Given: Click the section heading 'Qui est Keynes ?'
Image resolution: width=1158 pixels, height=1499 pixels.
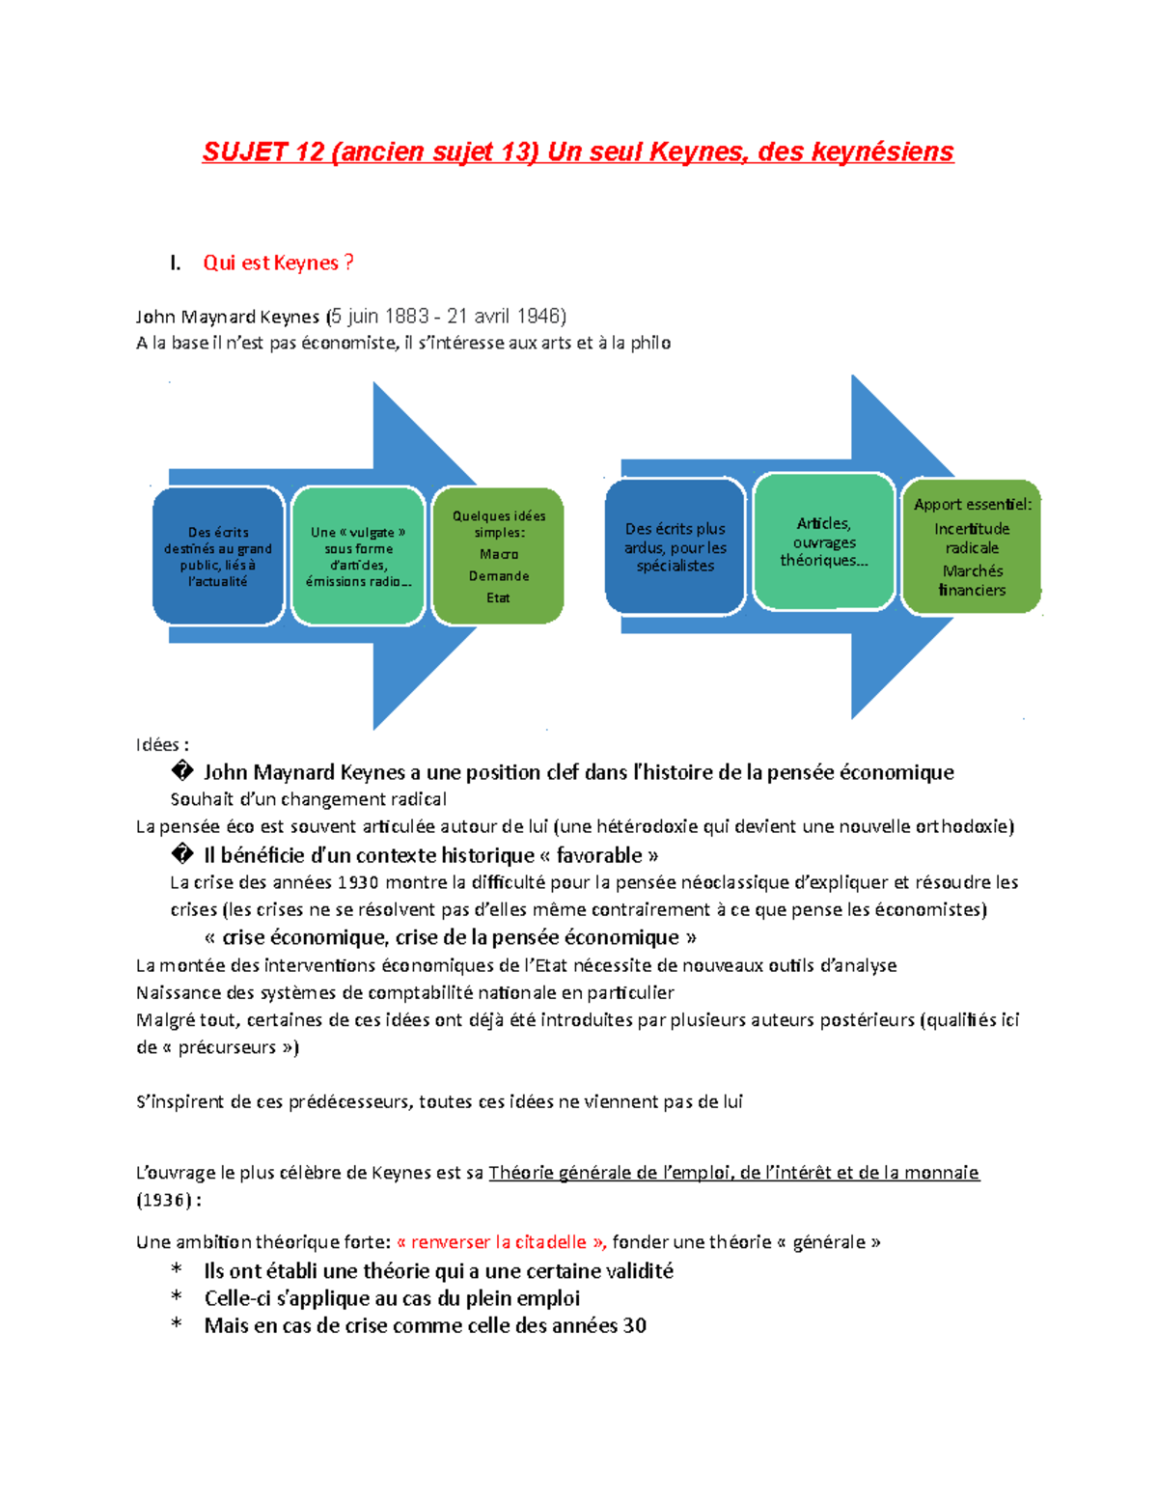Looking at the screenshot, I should [x=278, y=263].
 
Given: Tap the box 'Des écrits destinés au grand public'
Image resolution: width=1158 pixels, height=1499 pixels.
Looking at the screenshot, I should [x=218, y=556].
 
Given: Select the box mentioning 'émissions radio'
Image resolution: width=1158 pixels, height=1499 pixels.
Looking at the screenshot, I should [x=358, y=556].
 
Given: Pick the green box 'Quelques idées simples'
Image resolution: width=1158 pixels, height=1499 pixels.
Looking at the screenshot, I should [x=498, y=556].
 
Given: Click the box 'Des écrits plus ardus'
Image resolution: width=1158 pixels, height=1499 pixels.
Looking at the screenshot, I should [x=675, y=546].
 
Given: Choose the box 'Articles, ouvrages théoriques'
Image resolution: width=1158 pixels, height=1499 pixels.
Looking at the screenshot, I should [x=824, y=541].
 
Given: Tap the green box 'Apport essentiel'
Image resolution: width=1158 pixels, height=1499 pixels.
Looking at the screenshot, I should [x=972, y=546].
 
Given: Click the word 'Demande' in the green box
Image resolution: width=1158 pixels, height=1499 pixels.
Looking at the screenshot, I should [x=499, y=576].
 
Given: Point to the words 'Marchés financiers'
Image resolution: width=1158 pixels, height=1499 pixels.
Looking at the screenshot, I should [x=973, y=580].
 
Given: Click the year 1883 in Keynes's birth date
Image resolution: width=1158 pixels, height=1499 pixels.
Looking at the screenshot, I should [x=406, y=316].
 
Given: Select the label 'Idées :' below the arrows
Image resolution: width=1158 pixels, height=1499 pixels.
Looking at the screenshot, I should [x=162, y=744].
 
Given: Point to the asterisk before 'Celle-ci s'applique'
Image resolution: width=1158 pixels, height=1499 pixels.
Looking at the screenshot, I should [x=177, y=1298].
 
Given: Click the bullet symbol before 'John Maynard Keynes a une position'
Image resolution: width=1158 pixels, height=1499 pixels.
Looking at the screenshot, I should [x=181, y=771].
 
